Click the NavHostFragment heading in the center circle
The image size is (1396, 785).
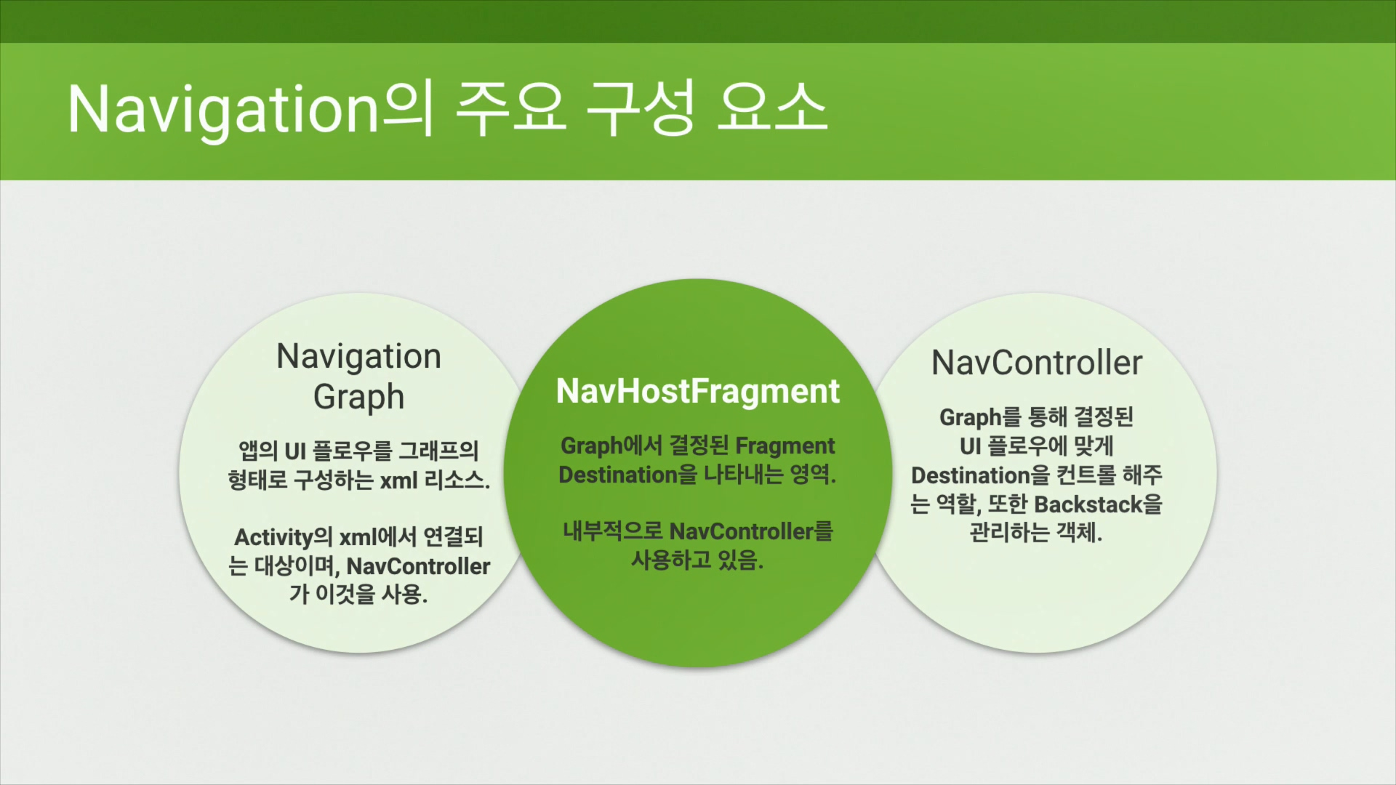click(x=698, y=391)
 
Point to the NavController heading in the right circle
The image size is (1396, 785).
click(x=1037, y=363)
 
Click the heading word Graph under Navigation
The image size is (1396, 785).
click(x=358, y=397)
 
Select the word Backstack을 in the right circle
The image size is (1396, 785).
click(x=1098, y=504)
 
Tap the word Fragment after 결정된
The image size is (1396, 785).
click(x=785, y=446)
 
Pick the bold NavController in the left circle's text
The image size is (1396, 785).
click(x=418, y=566)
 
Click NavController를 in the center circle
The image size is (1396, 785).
click(x=751, y=531)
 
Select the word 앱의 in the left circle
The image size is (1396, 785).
click(x=258, y=451)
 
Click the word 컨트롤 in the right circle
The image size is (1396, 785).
click(x=1086, y=475)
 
